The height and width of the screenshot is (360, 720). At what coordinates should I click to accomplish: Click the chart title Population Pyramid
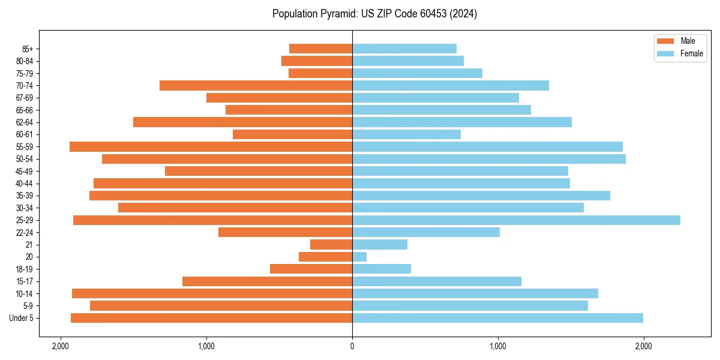pos(374,14)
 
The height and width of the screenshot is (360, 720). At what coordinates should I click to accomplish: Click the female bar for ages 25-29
pos(516,220)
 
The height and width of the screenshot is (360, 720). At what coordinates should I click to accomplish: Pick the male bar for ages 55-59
pos(211,146)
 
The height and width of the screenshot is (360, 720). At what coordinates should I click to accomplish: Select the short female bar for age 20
pos(359,257)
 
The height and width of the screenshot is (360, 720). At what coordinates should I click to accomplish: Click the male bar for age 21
pos(331,245)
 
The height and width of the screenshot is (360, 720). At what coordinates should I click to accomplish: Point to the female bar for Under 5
pos(497,318)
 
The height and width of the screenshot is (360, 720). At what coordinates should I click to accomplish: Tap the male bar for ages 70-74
pos(256,85)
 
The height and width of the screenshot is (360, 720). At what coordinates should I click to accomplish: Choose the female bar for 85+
pos(404,49)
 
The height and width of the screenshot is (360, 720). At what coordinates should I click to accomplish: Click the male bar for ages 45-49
pos(259,171)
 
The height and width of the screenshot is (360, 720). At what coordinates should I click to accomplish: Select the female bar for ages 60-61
pos(406,134)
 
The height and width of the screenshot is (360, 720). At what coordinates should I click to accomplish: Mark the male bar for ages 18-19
pos(311,269)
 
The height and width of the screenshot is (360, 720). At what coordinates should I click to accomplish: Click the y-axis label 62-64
pos(25,122)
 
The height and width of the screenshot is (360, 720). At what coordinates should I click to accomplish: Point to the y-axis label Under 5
pos(22,318)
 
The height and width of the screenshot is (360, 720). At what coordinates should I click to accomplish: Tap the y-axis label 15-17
pos(25,281)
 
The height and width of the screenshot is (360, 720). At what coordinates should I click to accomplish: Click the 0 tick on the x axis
pos(352,346)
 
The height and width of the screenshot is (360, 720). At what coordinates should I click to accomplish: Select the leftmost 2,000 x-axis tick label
pos(61,346)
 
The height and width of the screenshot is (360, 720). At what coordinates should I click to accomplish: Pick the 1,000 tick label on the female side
pos(498,346)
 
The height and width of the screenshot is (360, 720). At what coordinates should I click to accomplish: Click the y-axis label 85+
pos(27,49)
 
